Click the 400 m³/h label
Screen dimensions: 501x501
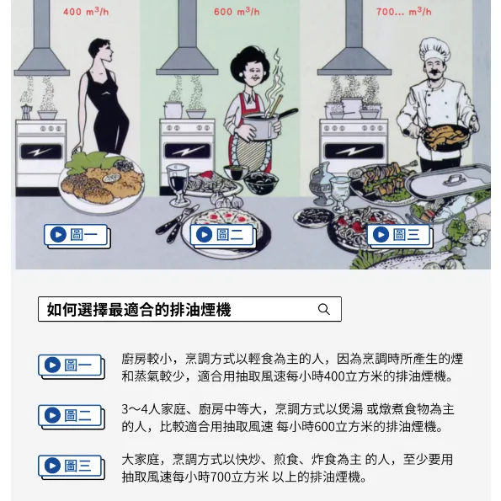[x=86, y=12]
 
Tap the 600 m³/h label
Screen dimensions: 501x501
[x=237, y=12]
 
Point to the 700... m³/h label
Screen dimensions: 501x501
[x=404, y=12]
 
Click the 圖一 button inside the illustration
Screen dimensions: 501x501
[x=77, y=236]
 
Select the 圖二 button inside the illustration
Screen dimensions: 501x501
[x=222, y=236]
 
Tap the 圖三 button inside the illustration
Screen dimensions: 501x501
[x=399, y=236]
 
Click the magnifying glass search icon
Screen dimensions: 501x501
[x=323, y=309]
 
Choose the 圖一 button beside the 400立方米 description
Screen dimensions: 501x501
[x=72, y=366]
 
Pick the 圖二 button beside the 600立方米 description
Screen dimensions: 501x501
[x=72, y=417]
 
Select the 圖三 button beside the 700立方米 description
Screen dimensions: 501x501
[x=72, y=467]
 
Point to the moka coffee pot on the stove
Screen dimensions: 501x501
[x=26, y=112]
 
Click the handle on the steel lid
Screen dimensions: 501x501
[x=454, y=179]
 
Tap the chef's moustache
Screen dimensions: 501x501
[x=434, y=72]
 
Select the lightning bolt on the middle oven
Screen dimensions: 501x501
[x=187, y=150]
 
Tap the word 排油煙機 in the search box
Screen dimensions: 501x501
[x=200, y=310]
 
